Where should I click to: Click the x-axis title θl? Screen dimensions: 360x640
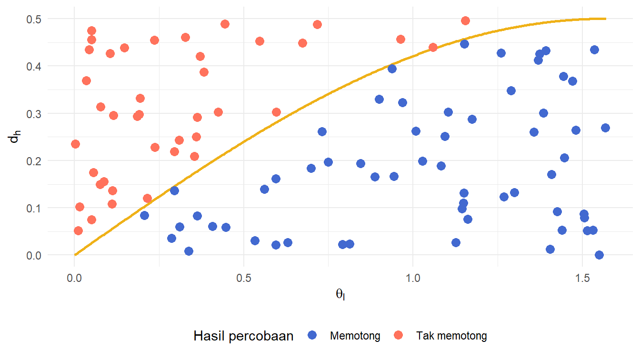coord(340,295)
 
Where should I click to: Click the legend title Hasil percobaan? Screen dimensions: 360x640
coord(243,336)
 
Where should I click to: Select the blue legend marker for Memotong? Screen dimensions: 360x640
coord(312,336)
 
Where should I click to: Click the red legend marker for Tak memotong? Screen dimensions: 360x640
coord(399,336)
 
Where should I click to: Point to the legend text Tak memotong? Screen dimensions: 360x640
coord(451,336)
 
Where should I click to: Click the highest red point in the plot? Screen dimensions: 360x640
coord(465,20)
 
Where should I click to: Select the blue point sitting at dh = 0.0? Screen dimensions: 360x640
coord(599,255)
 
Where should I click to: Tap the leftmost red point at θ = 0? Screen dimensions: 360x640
coord(75,144)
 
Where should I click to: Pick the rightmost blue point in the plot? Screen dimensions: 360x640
coord(605,128)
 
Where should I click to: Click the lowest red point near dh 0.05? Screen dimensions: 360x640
coord(78,230)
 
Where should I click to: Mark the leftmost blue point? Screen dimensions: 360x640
coord(144,215)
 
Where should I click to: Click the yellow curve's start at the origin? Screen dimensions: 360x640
coord(75,255)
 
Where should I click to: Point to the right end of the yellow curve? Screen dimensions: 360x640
coord(605,19)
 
